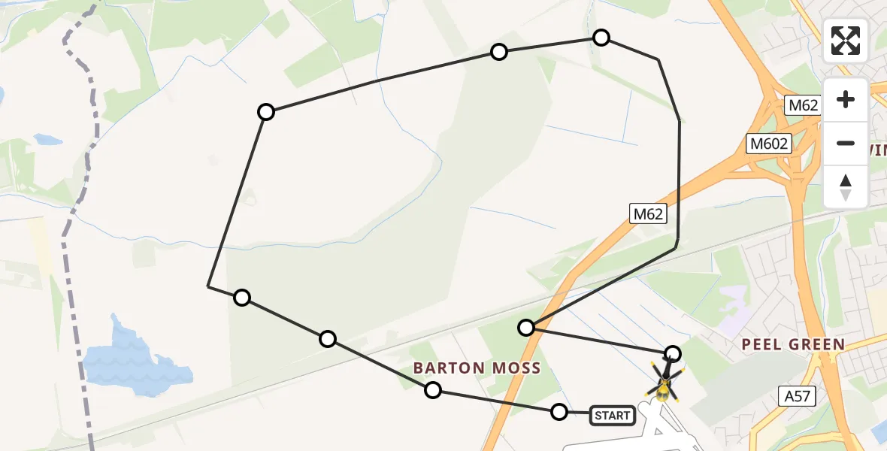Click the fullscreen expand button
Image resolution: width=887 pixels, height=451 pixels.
(x=846, y=41)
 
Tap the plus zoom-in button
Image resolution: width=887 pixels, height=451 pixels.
(x=846, y=99)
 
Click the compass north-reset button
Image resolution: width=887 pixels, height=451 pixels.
(x=846, y=187)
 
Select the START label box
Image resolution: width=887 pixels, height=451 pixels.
(x=612, y=415)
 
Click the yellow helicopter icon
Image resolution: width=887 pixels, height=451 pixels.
(x=663, y=383)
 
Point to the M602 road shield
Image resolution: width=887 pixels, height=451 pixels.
(x=769, y=144)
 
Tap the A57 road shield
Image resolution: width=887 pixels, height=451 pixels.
(x=796, y=396)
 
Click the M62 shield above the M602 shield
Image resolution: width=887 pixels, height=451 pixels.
(x=803, y=105)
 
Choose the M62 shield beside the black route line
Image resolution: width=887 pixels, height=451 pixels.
(x=648, y=214)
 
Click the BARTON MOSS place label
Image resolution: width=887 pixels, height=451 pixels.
(x=477, y=368)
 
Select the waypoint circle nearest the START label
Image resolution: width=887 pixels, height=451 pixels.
(x=559, y=411)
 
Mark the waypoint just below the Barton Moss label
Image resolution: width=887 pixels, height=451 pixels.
(x=433, y=389)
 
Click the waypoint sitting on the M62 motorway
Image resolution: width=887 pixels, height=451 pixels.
(x=526, y=327)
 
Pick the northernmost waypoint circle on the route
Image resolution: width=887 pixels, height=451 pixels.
(x=601, y=38)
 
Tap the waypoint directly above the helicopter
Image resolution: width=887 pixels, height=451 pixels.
(x=674, y=353)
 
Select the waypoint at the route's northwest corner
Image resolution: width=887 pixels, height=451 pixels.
(x=266, y=112)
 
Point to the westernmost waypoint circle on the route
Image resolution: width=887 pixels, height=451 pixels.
(x=242, y=298)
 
